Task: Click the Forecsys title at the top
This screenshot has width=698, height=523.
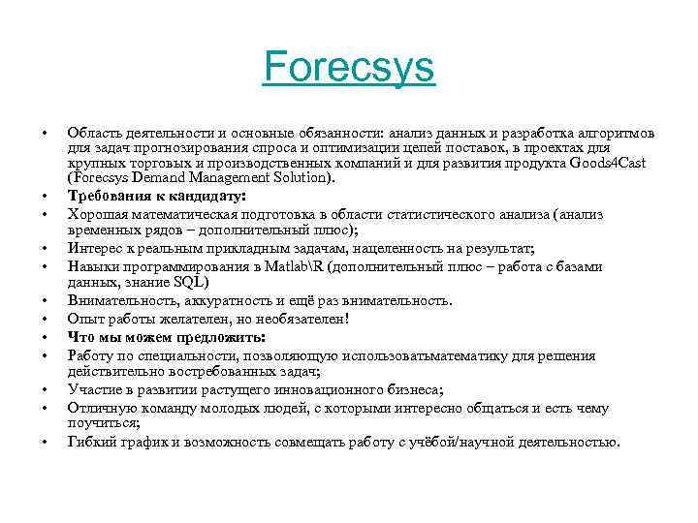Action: point(349,70)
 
